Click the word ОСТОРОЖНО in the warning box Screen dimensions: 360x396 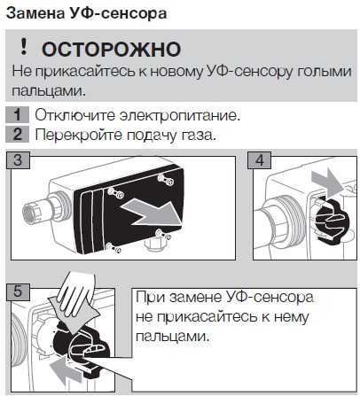click(x=111, y=49)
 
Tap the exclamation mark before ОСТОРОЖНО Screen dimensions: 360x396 click(x=23, y=47)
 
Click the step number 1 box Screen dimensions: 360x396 click(x=17, y=115)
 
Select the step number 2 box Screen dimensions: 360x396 click(x=17, y=135)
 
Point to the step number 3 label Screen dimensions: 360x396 click(x=18, y=160)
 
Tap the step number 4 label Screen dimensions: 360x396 click(x=259, y=160)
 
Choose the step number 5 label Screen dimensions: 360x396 click(x=18, y=292)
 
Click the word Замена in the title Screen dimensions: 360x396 click(x=35, y=13)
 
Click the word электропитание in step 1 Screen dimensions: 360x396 click(x=179, y=115)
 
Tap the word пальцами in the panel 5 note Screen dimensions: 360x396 click(x=173, y=337)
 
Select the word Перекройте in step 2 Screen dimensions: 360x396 click(x=78, y=136)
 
